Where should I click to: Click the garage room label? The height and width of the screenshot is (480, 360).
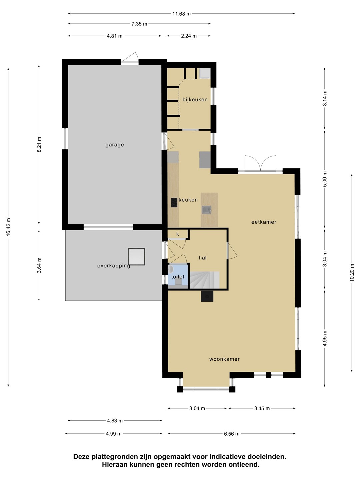(x=115, y=145)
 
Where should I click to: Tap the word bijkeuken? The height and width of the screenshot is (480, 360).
(x=195, y=99)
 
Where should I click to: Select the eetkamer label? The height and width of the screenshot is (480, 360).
(x=264, y=222)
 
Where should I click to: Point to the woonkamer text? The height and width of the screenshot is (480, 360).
(x=224, y=359)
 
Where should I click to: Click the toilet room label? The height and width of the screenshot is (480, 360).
(x=178, y=277)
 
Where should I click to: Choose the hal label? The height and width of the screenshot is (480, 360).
(x=203, y=258)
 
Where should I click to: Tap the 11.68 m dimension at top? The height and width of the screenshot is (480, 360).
(x=181, y=14)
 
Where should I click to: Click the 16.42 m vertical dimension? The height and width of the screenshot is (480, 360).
(x=8, y=227)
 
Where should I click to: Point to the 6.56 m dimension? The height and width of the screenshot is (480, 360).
(x=232, y=434)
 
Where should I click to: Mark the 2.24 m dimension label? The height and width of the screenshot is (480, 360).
(x=189, y=36)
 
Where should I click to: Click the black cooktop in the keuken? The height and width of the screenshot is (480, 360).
(x=174, y=202)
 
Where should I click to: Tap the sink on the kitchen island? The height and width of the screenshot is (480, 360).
(x=206, y=210)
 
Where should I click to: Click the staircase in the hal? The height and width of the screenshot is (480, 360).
(x=204, y=280)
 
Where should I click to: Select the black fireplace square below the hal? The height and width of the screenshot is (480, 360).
(x=207, y=296)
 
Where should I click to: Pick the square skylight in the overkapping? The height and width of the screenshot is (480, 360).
(x=136, y=257)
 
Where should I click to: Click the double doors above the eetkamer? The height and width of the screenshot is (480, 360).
(x=260, y=163)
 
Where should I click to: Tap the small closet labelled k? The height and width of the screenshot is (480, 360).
(x=178, y=234)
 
